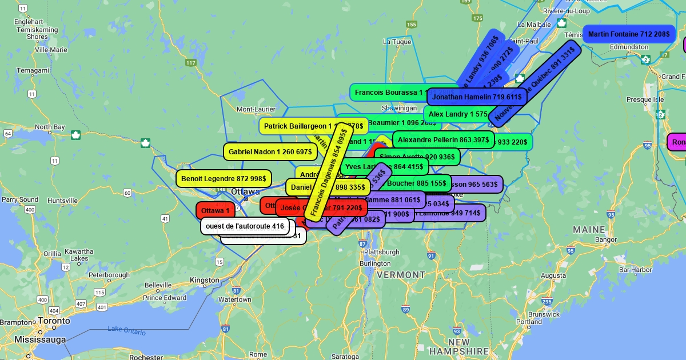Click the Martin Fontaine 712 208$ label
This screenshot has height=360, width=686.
[629, 34]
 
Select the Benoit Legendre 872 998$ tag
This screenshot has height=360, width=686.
[224, 179]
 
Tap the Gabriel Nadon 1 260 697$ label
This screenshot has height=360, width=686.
[270, 152]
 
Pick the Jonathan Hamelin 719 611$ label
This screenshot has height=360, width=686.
[476, 97]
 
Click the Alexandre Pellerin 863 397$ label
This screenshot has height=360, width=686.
[443, 140]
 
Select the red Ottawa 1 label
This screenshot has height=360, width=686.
[215, 211]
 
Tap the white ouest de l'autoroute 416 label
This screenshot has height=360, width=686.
[245, 226]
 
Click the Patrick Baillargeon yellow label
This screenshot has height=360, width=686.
[294, 126]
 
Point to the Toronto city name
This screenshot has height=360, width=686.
[54, 321]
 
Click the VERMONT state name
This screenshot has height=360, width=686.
[401, 275]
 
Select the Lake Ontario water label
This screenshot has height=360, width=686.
[126, 330]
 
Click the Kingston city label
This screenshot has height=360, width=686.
[205, 280]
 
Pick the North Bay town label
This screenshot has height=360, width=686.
[50, 127]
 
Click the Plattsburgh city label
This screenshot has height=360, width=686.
[381, 252]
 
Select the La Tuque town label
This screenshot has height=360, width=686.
[397, 42]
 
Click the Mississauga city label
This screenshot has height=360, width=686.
[40, 339]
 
